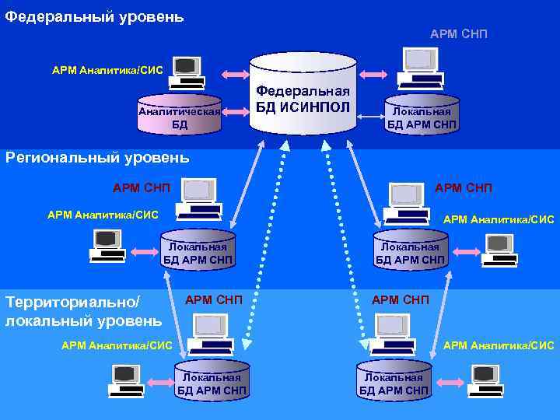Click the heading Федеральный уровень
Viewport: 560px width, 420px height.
[94, 16]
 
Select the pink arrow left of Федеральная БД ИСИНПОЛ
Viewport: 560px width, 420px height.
[235, 75]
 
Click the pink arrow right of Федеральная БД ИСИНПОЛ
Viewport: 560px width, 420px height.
[372, 75]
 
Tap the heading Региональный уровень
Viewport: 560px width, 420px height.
[97, 157]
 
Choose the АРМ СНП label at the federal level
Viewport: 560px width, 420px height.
[458, 33]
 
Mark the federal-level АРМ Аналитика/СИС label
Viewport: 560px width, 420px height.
[107, 70]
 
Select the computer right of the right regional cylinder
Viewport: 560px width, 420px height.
[498, 250]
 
